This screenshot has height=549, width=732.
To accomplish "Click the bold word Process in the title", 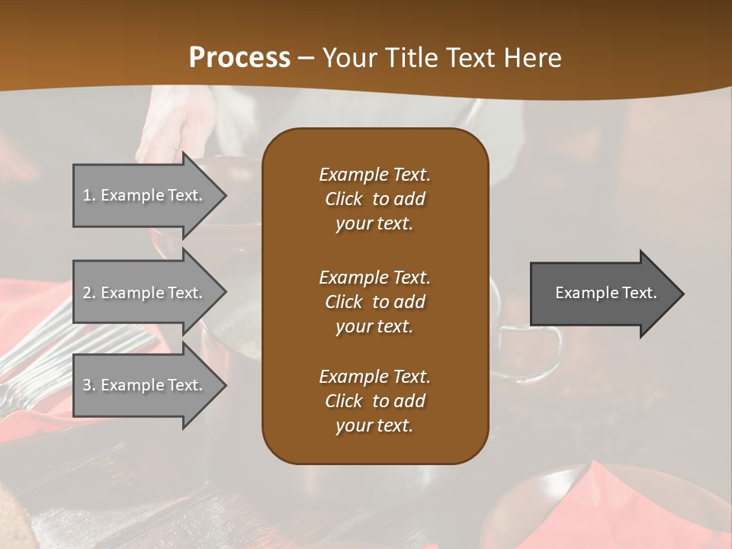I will [239, 58].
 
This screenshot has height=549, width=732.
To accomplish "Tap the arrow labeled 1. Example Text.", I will [145, 195].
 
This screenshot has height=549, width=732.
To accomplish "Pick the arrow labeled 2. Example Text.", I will [145, 293].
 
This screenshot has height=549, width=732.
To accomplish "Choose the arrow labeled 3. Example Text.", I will [145, 385].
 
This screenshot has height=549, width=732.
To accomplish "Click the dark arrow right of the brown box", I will [602, 293].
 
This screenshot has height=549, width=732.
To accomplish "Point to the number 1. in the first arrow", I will [89, 195].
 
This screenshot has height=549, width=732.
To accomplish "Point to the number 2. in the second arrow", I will [89, 293].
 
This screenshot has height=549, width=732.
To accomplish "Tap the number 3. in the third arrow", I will [89, 385].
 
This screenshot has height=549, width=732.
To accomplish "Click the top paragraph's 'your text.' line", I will [374, 223].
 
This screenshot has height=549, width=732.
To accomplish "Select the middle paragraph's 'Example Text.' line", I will [374, 278].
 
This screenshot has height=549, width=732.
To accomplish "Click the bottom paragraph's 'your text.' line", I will [374, 426].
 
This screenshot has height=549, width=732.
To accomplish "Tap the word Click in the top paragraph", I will [343, 199].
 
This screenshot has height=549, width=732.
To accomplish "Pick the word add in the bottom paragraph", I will [410, 401].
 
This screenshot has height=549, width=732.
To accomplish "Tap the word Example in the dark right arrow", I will [582, 293].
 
